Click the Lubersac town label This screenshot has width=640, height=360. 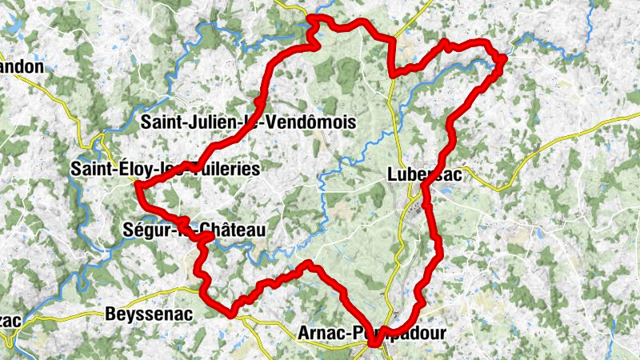pos(423,174)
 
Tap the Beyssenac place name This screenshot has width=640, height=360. pos(149,314)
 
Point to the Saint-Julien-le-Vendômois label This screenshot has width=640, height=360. pos(247,122)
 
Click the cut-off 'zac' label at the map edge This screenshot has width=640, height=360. pos(10,320)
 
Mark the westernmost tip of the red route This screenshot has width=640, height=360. pos(138,186)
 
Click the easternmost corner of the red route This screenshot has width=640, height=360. pos(505,57)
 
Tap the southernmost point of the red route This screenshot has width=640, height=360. pos(374,344)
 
